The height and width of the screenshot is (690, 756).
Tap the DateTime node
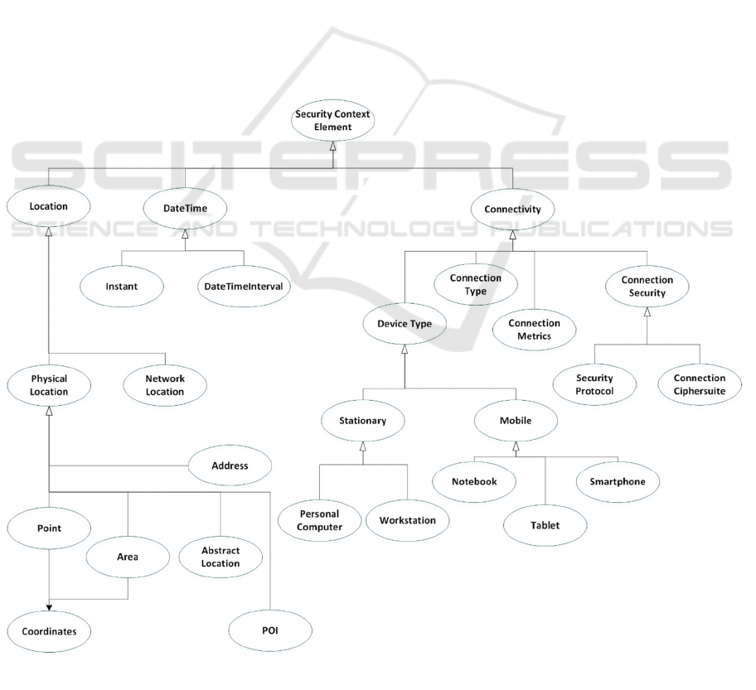pyautogui.click(x=186, y=209)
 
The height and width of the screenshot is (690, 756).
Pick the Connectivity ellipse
pyautogui.click(x=512, y=209)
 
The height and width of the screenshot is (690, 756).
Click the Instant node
pyautogui.click(x=121, y=286)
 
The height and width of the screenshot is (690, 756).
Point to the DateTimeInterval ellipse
pyautogui.click(x=243, y=286)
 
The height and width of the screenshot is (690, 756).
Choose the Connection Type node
pyautogui.click(x=476, y=285)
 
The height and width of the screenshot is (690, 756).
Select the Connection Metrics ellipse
pyautogui.click(x=534, y=330)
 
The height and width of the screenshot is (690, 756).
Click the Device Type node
pyautogui.click(x=405, y=324)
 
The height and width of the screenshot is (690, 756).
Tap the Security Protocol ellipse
pyautogui.click(x=594, y=384)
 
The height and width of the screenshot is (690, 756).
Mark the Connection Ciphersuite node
pyautogui.click(x=699, y=384)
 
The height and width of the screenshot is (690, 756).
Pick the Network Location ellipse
pyautogui.click(x=164, y=385)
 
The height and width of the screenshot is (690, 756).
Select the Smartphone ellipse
pyautogui.click(x=618, y=480)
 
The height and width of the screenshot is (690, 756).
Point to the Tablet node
pyautogui.click(x=545, y=525)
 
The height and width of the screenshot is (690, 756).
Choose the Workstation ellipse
pyautogui.click(x=407, y=520)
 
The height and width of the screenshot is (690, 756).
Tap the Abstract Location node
pyautogui.click(x=220, y=557)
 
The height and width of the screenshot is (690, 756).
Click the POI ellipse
pyautogui.click(x=270, y=631)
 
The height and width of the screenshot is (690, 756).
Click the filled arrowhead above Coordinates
pyautogui.click(x=49, y=606)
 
